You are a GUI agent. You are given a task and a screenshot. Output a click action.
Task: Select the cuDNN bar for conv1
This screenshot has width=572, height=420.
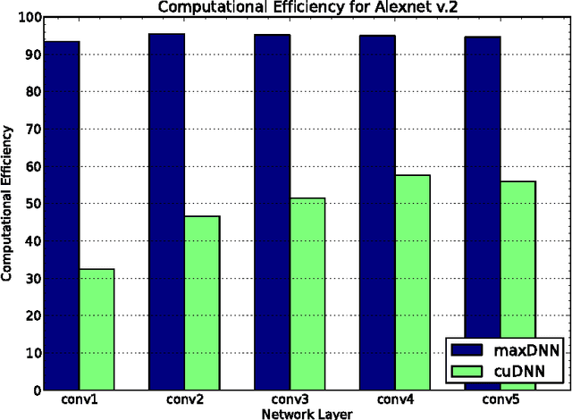click(x=97, y=330)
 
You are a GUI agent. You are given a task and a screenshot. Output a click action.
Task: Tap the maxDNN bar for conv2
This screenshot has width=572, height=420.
click(x=167, y=212)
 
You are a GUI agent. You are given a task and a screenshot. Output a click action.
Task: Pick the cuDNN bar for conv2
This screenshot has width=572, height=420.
click(x=202, y=303)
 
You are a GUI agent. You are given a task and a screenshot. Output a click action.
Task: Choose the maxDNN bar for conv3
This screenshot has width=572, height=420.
click(x=273, y=213)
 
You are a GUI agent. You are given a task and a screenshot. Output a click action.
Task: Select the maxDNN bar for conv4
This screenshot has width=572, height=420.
click(x=377, y=213)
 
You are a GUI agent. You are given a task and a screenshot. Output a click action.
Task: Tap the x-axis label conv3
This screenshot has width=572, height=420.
click(x=290, y=399)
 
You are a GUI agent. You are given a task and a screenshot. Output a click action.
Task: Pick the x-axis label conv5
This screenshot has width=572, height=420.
click(x=500, y=399)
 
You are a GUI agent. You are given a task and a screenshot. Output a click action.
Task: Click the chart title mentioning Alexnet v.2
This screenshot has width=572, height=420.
click(x=290, y=7)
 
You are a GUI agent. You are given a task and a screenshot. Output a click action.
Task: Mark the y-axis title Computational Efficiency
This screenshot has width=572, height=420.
click(x=7, y=204)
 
